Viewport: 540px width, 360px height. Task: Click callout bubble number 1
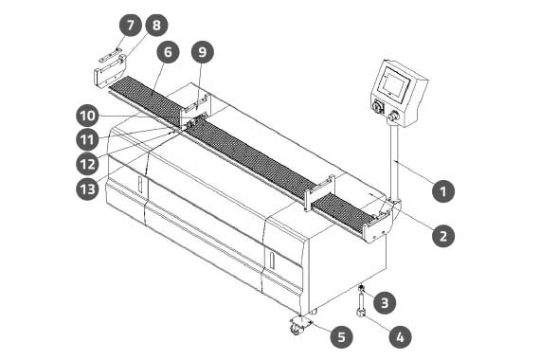pos(443,190)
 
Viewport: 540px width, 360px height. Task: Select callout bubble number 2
pos(443,236)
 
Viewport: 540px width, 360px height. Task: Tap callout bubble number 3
pos(385,302)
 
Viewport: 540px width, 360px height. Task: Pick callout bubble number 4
pos(400,336)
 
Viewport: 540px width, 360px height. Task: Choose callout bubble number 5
pos(342,336)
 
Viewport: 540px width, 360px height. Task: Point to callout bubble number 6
pos(168,52)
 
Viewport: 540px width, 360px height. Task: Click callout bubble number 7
pos(130,25)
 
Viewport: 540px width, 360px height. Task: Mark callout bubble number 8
pos(156,25)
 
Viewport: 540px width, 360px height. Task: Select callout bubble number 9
pos(203,52)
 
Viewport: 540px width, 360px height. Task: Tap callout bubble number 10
pos(87,116)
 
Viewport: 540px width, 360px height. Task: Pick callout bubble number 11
pos(87,140)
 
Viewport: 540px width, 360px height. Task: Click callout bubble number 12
pos(87,164)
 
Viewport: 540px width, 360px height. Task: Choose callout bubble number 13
pos(87,189)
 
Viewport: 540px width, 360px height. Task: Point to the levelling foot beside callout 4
pos(361,302)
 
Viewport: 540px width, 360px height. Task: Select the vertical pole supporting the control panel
pos(394,162)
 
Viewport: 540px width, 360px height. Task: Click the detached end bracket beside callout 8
pos(110,73)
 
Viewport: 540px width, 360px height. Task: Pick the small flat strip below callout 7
pos(110,56)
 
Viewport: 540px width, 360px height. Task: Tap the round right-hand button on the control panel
pos(393,117)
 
